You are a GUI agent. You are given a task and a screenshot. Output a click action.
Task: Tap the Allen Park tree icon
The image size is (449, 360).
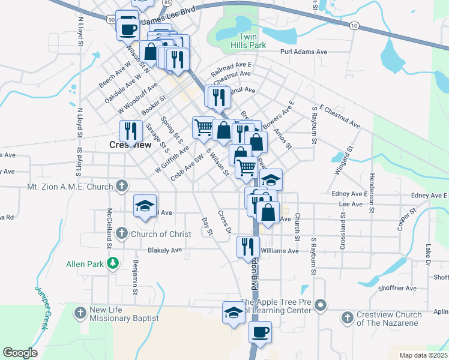pos(112,263)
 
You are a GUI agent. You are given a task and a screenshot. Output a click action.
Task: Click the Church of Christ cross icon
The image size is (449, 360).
pos(122,232)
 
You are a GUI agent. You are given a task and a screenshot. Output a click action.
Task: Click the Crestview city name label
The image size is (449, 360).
pos(130,145)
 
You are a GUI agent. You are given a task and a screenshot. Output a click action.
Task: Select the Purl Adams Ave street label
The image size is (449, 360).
pos(304,52)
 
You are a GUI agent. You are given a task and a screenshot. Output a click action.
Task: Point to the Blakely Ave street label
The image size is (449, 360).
pos(164,250)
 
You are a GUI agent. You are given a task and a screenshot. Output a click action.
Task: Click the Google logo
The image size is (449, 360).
pos(20,352)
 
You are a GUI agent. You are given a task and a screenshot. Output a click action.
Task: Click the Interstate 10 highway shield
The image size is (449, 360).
pos(354,25)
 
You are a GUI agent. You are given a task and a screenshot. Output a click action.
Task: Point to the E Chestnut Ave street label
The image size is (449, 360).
pos(340,118)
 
